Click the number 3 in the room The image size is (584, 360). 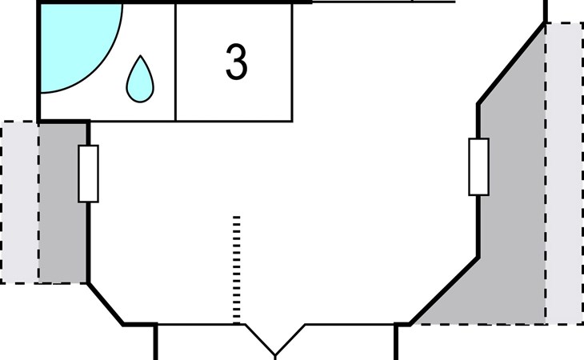point(236,62)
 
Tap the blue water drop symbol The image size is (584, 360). point(140,79)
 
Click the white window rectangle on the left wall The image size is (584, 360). point(88,173)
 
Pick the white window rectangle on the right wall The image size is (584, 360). point(478,166)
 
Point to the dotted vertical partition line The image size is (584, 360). point(236,269)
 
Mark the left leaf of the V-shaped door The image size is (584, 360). point(260,339)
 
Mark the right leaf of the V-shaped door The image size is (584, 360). point(290,339)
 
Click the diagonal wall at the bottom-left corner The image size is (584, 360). point(105,303)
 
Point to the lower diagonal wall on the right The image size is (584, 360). point(444,291)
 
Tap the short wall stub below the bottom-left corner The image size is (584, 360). point(155,342)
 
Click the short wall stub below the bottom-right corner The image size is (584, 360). point(397,342)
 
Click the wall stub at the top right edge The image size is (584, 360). point(546,11)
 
